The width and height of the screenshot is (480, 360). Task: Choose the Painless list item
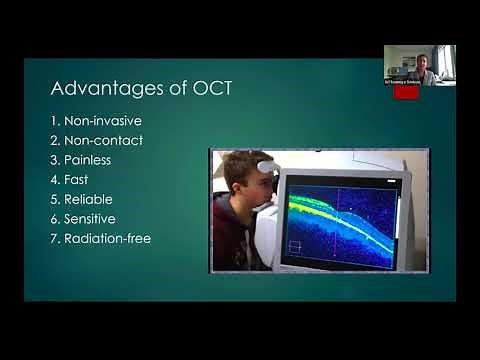click(92, 160)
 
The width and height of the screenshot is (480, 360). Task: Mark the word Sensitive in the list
click(97, 218)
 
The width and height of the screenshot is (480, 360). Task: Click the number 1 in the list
click(54, 121)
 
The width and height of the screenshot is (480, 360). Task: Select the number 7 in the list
click(54, 238)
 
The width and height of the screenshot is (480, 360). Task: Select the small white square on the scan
click(295, 246)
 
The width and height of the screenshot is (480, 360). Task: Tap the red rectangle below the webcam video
click(405, 92)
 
